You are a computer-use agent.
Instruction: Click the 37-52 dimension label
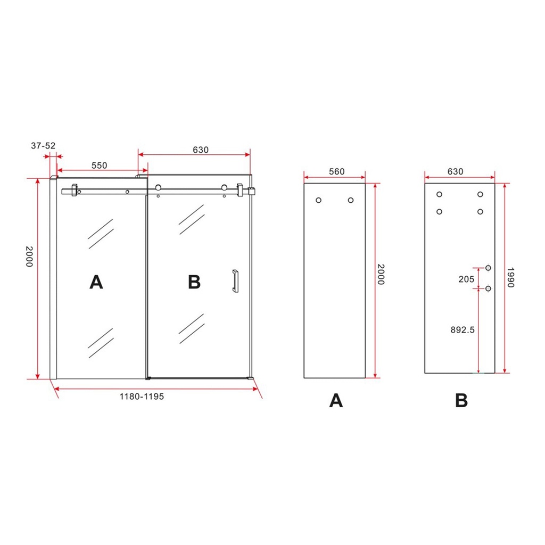[43, 146]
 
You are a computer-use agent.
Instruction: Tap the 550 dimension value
[100, 166]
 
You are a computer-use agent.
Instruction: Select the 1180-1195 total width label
[142, 397]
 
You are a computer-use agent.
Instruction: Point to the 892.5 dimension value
[463, 330]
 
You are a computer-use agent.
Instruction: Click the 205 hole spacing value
[466, 279]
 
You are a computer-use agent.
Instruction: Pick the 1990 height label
[510, 277]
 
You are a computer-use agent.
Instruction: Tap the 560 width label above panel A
[337, 172]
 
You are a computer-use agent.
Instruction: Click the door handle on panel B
[235, 281]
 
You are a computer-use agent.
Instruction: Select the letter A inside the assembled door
[96, 282]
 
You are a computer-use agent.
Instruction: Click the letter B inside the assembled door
[194, 282]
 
